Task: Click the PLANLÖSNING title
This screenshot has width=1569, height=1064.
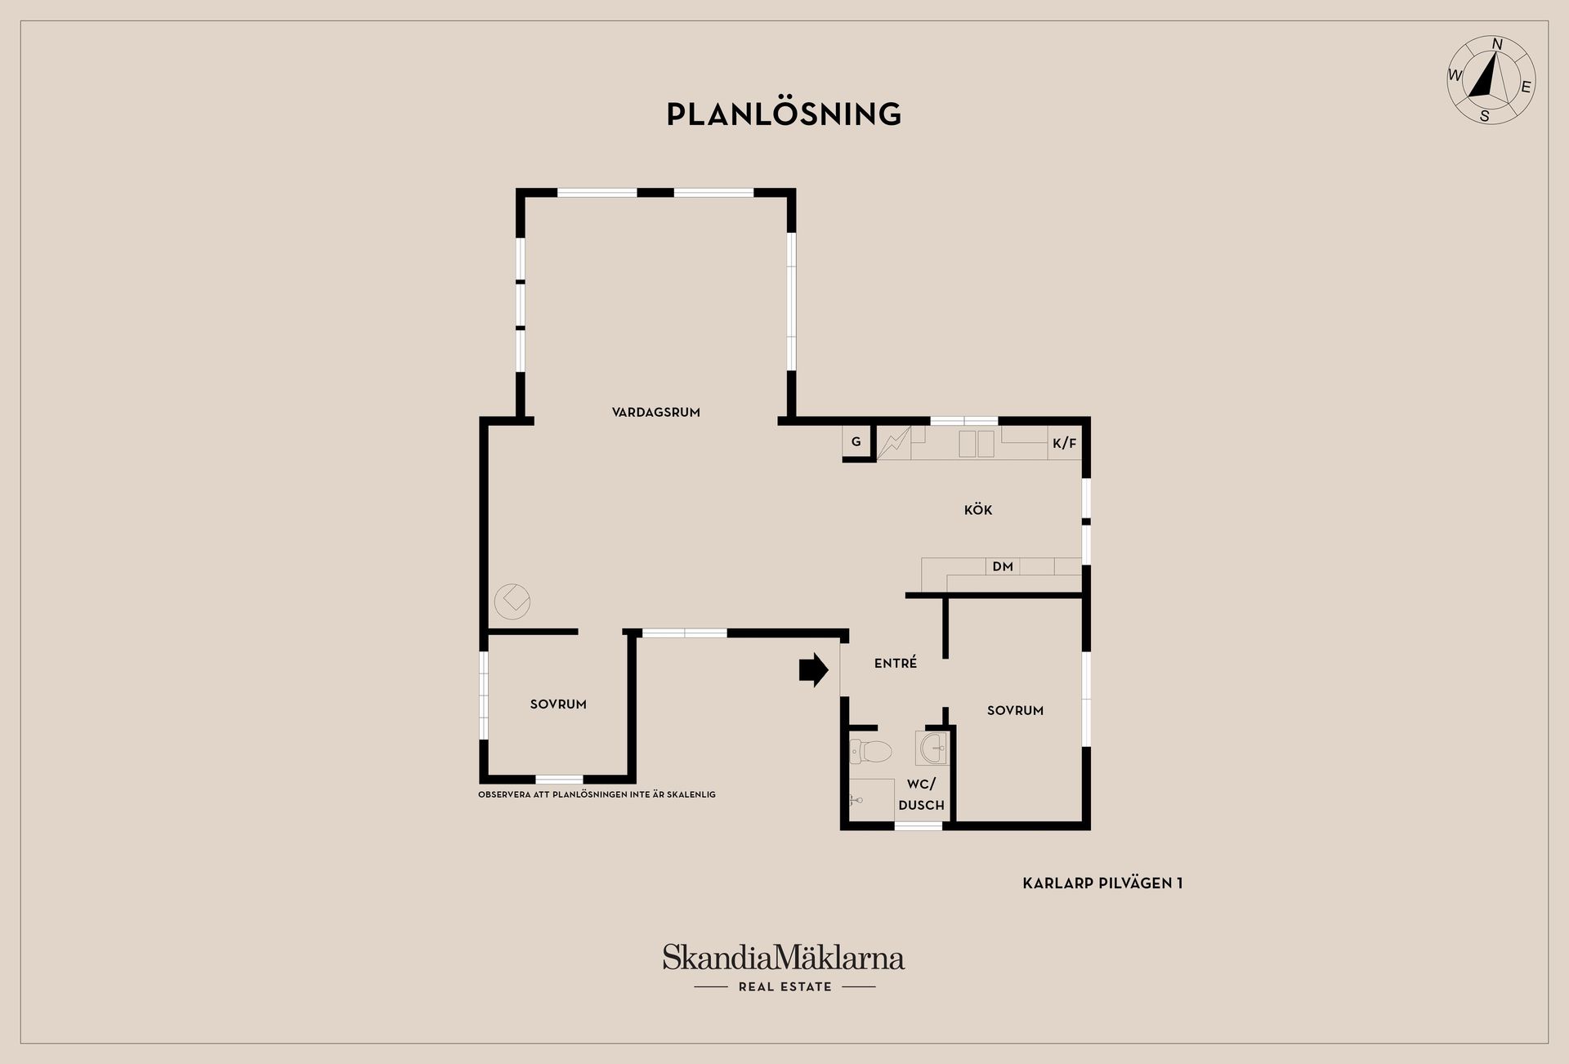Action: tap(784, 114)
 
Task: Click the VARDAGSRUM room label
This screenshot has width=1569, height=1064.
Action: tap(656, 413)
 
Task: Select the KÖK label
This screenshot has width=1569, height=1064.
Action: tap(978, 509)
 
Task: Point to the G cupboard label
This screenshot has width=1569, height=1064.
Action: tap(856, 442)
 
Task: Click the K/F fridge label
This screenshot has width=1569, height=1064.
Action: tap(1065, 444)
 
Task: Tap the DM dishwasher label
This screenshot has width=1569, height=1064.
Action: tap(1003, 566)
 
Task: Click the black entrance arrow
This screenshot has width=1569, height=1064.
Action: tap(814, 670)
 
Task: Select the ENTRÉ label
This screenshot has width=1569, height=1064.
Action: tap(896, 664)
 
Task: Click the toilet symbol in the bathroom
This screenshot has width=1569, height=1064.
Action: tap(869, 750)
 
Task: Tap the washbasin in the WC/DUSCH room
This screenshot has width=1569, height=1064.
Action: tap(932, 747)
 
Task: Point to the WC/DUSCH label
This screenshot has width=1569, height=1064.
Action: tap(921, 794)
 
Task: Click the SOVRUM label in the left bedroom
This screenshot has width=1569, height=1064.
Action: tap(558, 704)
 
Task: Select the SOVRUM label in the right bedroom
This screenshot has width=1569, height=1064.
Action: tap(1015, 711)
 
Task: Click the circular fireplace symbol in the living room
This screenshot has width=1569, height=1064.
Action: tap(512, 601)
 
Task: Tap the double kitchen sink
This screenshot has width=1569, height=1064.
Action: tap(976, 443)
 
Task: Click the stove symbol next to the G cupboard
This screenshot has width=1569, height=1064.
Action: tap(894, 442)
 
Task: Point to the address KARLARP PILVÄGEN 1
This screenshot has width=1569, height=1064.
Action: tap(1102, 883)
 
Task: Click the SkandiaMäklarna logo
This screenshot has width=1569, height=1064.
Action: tap(784, 967)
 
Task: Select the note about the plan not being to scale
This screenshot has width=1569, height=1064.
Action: tap(597, 794)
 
